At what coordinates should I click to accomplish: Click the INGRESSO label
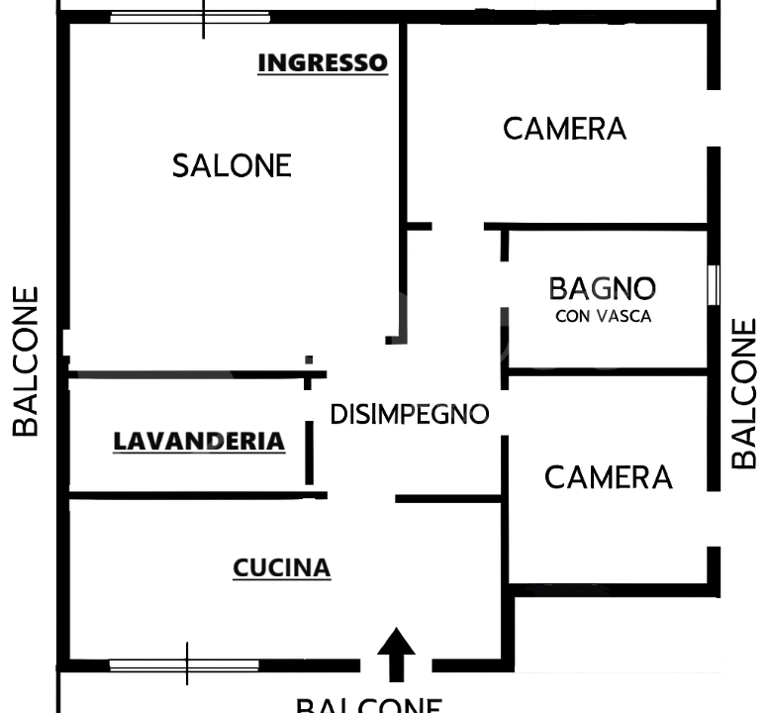[x=322, y=63]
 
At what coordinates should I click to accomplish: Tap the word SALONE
[x=232, y=165]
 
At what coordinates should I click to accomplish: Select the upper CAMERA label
[x=564, y=129]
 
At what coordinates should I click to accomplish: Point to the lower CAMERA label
[x=608, y=477]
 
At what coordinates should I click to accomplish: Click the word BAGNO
[x=602, y=289]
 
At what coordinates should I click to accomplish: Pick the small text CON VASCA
[x=602, y=317]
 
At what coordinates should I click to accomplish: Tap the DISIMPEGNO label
[x=409, y=414]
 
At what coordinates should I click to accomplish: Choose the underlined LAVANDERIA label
[x=199, y=442]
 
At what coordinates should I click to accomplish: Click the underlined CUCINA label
[x=281, y=568]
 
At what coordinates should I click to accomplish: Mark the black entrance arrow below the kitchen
[x=396, y=653]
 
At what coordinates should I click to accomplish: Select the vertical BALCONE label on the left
[x=27, y=361]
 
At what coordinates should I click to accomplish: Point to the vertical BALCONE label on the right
[x=744, y=393]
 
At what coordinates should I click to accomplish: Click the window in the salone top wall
[x=190, y=18]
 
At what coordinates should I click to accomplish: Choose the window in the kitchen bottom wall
[x=184, y=664]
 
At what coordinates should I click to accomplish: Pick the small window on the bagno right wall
[x=713, y=285]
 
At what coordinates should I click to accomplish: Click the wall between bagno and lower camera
[x=606, y=372]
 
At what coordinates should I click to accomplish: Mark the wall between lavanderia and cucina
[x=188, y=494]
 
